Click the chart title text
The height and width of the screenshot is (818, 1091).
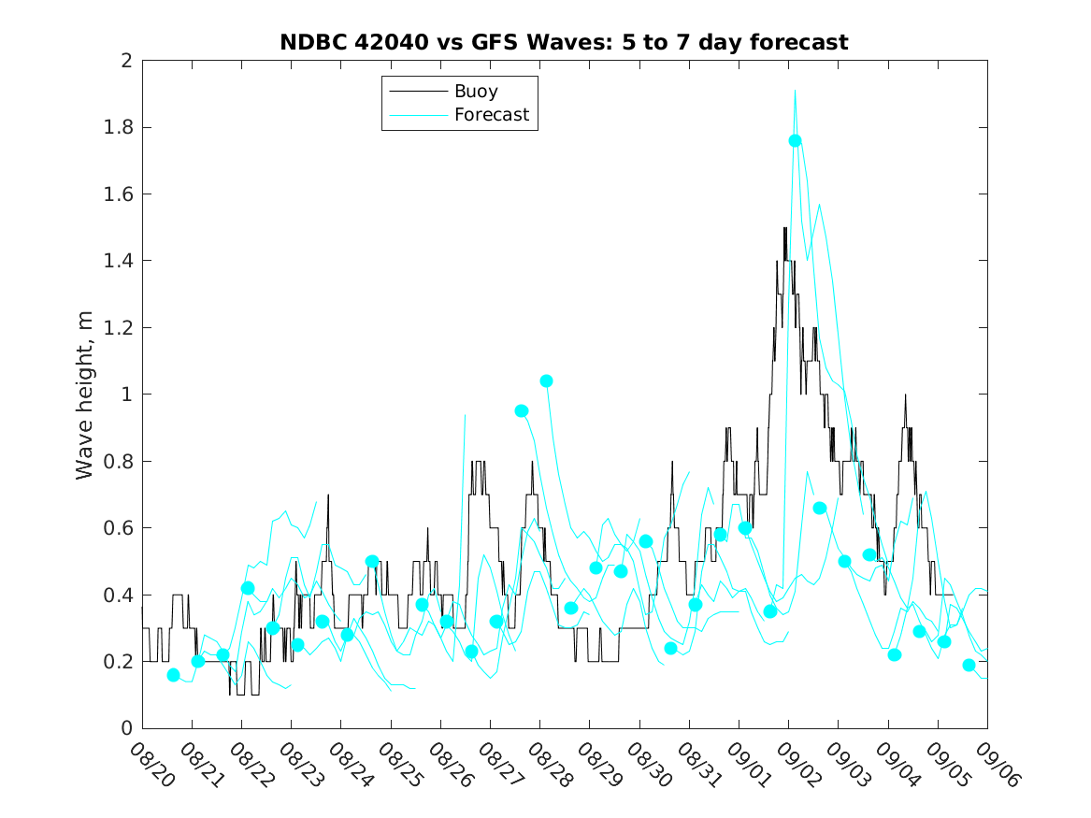[564, 42]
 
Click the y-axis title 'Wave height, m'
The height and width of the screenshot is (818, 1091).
[85, 395]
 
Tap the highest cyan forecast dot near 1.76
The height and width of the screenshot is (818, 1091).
[795, 140]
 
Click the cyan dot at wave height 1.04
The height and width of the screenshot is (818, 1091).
[546, 380]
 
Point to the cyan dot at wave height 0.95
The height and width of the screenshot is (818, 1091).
[522, 410]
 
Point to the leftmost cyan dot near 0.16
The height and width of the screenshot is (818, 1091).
[173, 675]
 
